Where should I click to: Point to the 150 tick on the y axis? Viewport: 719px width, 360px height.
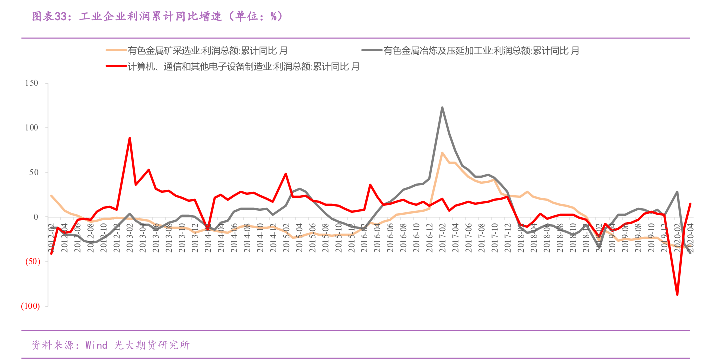[x=31, y=83]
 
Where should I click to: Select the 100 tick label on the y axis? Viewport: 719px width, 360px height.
[x=31, y=128]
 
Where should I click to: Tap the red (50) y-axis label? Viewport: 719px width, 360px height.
[x=30, y=261]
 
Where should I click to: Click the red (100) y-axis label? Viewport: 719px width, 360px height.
[x=30, y=306]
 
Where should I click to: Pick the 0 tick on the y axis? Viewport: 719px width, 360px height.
[x=36, y=217]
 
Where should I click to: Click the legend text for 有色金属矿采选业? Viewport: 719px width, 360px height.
[x=208, y=51]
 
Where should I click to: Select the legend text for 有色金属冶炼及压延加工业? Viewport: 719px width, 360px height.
[x=481, y=51]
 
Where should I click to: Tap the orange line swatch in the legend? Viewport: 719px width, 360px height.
[x=116, y=51]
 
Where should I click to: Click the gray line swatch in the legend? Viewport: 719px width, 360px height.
[x=372, y=51]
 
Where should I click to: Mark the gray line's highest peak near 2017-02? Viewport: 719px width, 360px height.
[x=442, y=107]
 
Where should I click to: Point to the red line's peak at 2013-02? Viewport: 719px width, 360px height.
[x=130, y=138]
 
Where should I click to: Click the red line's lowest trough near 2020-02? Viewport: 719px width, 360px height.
[x=677, y=294]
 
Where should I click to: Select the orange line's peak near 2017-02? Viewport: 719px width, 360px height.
[x=442, y=153]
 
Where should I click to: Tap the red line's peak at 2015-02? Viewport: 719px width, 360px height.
[x=286, y=174]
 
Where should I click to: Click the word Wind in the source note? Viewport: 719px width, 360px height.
[x=96, y=345]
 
